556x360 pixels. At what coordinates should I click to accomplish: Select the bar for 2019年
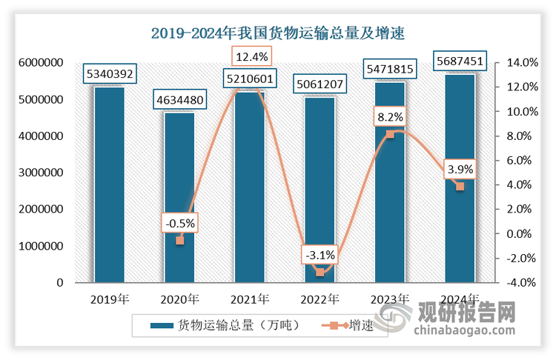[109, 185]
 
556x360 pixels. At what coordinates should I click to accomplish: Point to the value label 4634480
[179, 99]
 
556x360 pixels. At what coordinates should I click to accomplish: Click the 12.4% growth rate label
[250, 56]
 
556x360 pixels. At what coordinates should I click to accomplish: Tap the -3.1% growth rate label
[320, 256]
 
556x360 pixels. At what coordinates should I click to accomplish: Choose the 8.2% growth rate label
[390, 117]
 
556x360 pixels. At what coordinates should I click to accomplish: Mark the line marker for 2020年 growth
[179, 240]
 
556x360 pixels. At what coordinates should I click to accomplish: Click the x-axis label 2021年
[250, 299]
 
